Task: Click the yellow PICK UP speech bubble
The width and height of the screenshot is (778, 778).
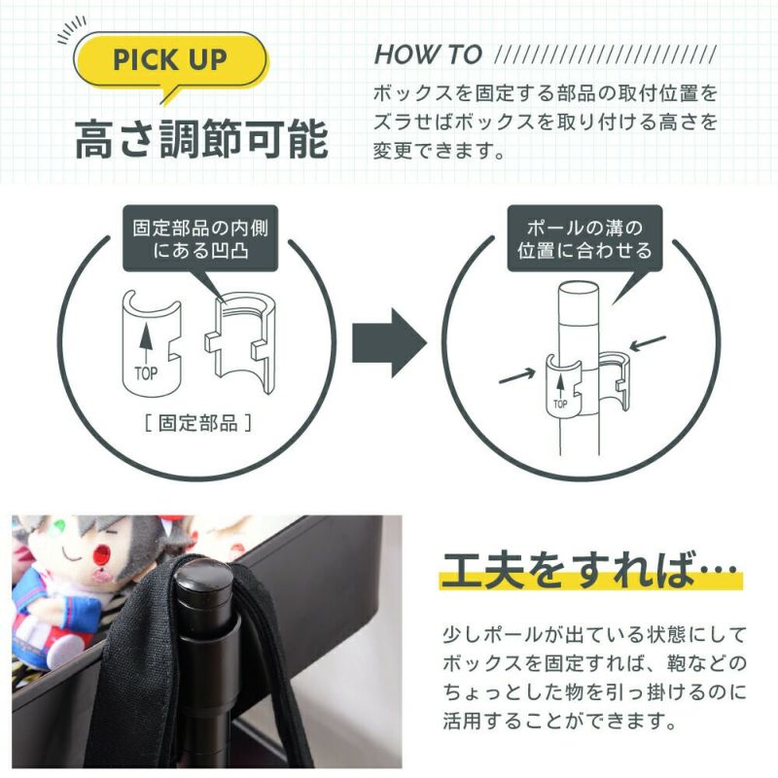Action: pyautogui.click(x=170, y=60)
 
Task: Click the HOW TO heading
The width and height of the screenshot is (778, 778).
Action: pyautogui.click(x=428, y=54)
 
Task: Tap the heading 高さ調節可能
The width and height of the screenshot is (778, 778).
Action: pyautogui.click(x=201, y=139)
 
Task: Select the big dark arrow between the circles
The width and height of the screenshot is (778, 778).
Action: pyautogui.click(x=390, y=342)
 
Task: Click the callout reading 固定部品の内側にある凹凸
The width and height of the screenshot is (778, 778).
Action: pyautogui.click(x=200, y=238)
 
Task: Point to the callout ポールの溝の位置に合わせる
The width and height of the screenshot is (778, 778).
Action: pyautogui.click(x=584, y=238)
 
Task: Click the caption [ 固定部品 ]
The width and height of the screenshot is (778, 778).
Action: pyautogui.click(x=198, y=423)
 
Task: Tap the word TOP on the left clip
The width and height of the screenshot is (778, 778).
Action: pyautogui.click(x=146, y=373)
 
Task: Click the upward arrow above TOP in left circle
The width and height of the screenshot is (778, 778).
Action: pyautogui.click(x=145, y=343)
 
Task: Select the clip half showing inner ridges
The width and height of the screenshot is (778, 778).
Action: pyautogui.click(x=240, y=342)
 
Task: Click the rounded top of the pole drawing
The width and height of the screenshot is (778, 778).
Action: pyautogui.click(x=579, y=290)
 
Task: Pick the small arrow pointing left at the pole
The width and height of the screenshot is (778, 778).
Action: pyautogui.click(x=648, y=343)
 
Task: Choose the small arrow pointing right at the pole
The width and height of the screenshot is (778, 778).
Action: pyautogui.click(x=517, y=376)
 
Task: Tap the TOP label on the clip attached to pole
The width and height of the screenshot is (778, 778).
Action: pyautogui.click(x=560, y=404)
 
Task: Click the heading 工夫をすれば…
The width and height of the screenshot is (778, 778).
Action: pyautogui.click(x=590, y=571)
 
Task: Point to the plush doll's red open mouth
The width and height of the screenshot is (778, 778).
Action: pyautogui.click(x=103, y=550)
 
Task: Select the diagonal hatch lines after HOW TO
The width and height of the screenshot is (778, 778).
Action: pyautogui.click(x=606, y=54)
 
